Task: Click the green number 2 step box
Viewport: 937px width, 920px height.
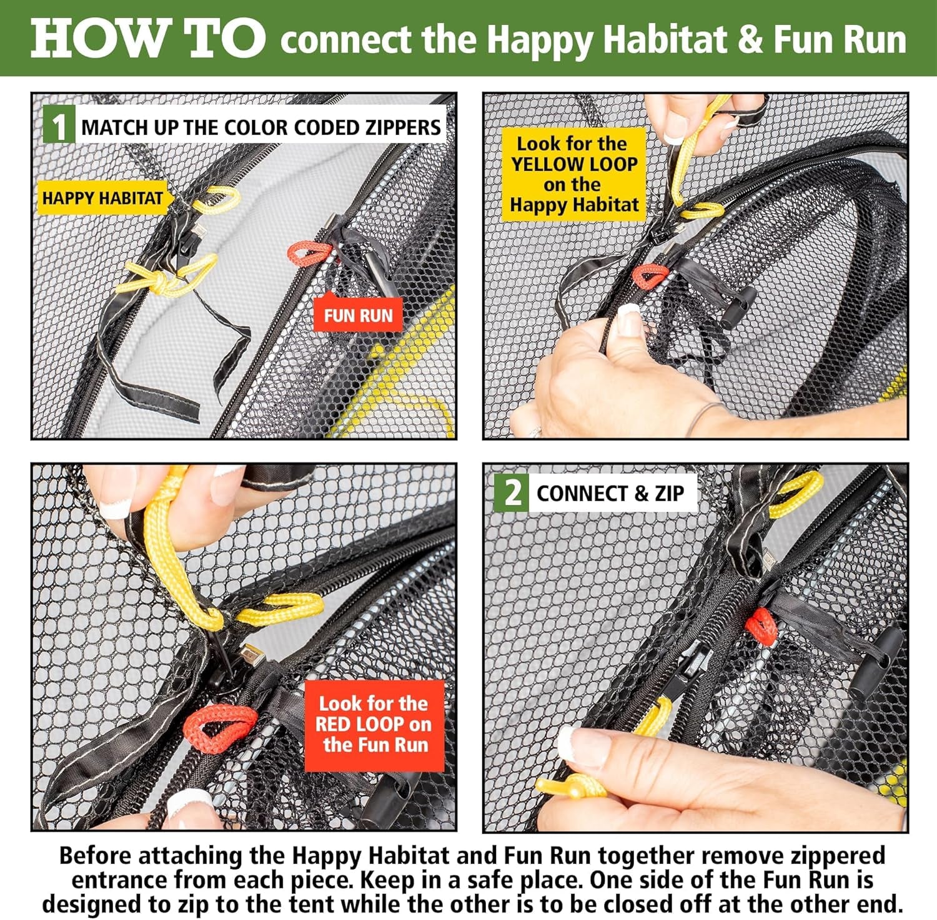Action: point(512,493)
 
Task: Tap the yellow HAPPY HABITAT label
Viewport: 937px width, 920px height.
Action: point(102,198)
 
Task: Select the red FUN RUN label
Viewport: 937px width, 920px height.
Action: point(359,315)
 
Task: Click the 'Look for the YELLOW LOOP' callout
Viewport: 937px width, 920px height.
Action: point(574,174)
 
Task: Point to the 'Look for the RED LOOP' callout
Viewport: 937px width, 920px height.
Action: point(374,725)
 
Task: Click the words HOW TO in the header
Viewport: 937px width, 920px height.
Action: point(148,39)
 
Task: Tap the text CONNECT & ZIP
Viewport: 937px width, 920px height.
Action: point(610,493)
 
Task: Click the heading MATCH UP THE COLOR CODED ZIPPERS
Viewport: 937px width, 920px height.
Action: point(261,127)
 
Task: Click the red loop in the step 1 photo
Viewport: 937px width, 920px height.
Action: point(310,252)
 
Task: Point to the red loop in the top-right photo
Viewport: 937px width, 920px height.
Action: point(650,276)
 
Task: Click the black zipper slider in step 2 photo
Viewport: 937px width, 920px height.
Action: point(685,669)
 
